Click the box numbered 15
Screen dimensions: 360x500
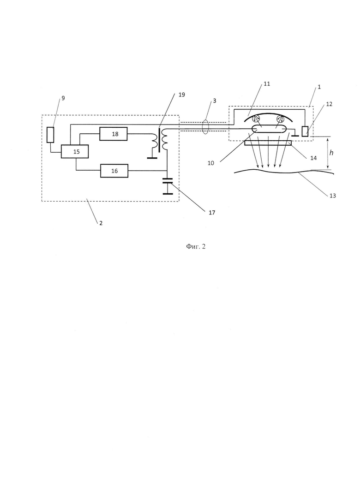pyautogui.click(x=75, y=151)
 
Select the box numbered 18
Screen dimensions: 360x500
pyautogui.click(x=113, y=134)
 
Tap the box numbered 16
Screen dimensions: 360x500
pyautogui.click(x=114, y=171)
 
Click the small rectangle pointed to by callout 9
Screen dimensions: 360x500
pyautogui.click(x=50, y=135)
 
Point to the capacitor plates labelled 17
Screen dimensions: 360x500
pyautogui.click(x=167, y=181)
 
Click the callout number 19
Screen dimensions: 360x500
pyautogui.click(x=181, y=95)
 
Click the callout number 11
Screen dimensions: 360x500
pyautogui.click(x=267, y=84)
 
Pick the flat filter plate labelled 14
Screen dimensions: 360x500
pyautogui.click(x=268, y=143)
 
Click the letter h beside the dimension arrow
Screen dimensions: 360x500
pyautogui.click(x=331, y=153)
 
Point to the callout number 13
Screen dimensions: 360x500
pyautogui.click(x=333, y=196)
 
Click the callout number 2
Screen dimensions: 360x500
pyautogui.click(x=101, y=223)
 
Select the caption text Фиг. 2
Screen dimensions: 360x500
pyautogui.click(x=196, y=246)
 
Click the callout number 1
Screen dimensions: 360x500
pyautogui.click(x=319, y=87)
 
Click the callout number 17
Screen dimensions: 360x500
pyautogui.click(x=212, y=212)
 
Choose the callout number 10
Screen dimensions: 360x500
pyautogui.click(x=210, y=163)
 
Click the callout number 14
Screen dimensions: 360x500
pyautogui.click(x=313, y=158)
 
